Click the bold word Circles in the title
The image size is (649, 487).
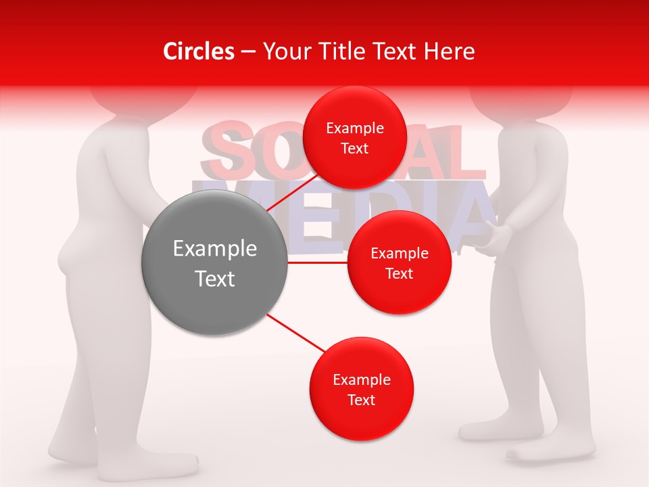click(198, 51)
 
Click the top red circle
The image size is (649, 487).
click(354, 108)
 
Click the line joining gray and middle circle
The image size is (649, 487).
click(317, 262)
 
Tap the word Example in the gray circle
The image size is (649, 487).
click(214, 248)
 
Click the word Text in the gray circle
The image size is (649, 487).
click(214, 278)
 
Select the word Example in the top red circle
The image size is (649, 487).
click(354, 129)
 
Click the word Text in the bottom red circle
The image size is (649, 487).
click(361, 400)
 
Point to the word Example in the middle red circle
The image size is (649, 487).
click(399, 254)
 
